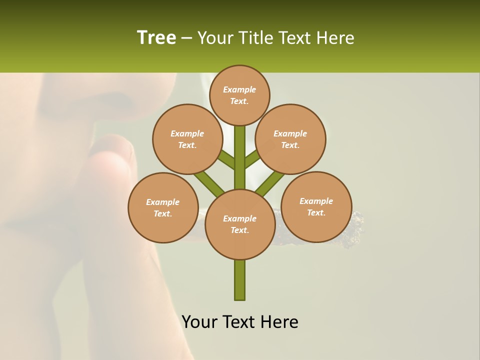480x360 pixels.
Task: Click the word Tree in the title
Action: click(x=156, y=37)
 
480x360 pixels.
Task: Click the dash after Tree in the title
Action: click(x=186, y=38)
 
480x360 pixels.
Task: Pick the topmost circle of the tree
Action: click(x=239, y=95)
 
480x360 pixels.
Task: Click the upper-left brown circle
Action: click(x=187, y=139)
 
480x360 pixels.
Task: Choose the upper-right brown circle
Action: click(x=290, y=139)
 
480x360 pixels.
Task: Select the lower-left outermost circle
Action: click(x=163, y=207)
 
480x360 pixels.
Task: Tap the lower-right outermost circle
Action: click(x=316, y=206)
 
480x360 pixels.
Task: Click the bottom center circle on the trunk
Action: click(x=240, y=224)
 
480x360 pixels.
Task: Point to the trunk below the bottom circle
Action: click(x=240, y=280)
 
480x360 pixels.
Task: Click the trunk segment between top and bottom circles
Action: click(x=240, y=165)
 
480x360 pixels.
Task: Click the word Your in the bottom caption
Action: click(x=200, y=322)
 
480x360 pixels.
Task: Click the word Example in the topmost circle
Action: click(x=239, y=89)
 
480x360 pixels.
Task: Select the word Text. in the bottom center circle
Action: click(x=239, y=230)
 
